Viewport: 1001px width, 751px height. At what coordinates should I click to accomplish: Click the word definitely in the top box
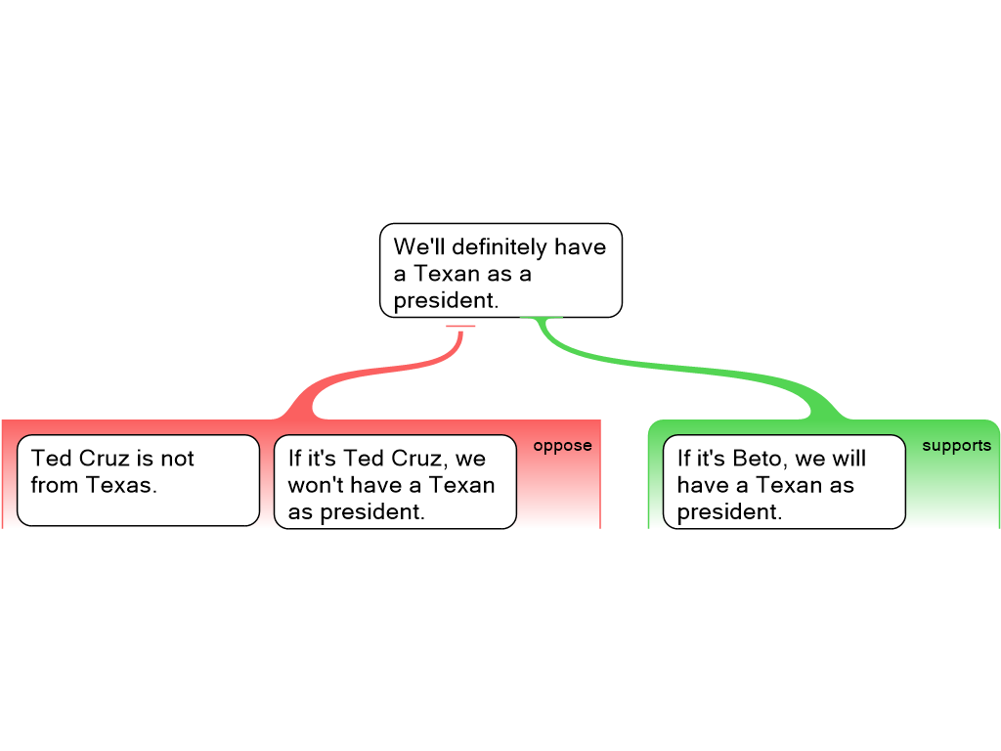coord(499,246)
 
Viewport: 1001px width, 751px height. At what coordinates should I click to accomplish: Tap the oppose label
coord(562,446)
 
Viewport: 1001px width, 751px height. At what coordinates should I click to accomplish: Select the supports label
coord(956,446)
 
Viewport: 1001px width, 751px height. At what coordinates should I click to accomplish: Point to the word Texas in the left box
coord(120,485)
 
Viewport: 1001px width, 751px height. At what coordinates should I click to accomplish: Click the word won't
coord(315,485)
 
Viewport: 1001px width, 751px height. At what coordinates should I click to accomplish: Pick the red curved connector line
coord(371,374)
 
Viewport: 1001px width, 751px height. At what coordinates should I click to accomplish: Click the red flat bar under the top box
coord(460,326)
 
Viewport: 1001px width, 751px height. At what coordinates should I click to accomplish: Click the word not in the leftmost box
coord(177,459)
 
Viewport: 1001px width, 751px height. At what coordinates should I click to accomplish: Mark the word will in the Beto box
coord(849,459)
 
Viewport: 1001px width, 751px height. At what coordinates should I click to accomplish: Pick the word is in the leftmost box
coord(150,459)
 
